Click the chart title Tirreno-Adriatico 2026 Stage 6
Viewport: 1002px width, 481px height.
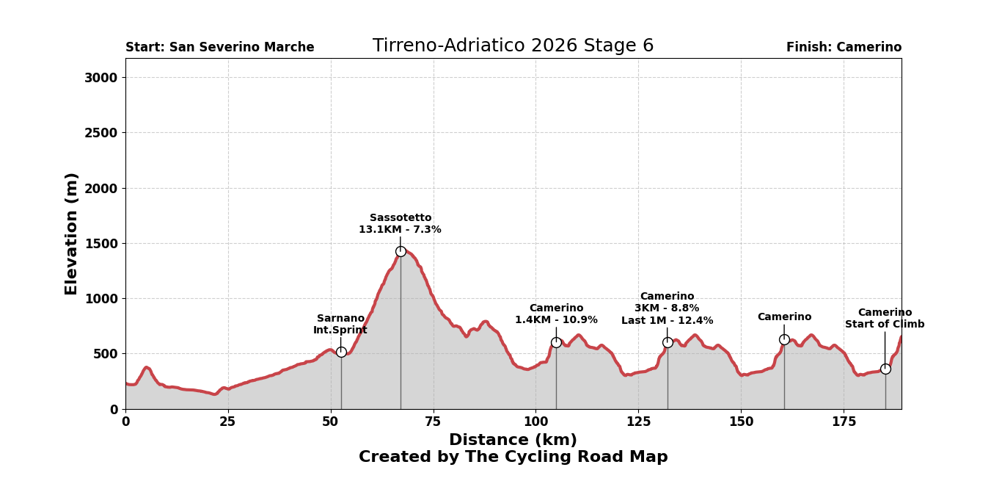pos(513,46)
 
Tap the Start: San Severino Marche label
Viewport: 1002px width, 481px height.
pos(219,48)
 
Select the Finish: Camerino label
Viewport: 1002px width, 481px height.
pos(844,48)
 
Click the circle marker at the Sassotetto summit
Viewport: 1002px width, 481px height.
pos(401,251)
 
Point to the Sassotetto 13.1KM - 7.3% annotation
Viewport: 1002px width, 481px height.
pos(400,224)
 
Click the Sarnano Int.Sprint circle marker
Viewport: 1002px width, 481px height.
pos(341,352)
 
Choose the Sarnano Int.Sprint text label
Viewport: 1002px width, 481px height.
pos(340,325)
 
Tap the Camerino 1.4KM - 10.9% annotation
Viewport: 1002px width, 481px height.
pos(556,314)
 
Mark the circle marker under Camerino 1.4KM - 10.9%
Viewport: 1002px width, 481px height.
pos(556,342)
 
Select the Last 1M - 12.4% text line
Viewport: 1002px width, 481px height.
pos(667,321)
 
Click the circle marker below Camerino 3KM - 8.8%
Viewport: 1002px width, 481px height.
pos(668,342)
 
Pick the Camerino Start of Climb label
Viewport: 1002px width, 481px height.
pos(885,319)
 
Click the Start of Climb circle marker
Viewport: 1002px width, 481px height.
pos(885,369)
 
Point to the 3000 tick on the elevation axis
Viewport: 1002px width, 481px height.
pos(104,78)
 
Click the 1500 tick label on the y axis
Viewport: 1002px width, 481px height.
pos(104,244)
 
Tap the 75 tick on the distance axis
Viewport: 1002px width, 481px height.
pos(433,422)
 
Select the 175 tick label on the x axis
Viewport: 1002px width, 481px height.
pos(844,422)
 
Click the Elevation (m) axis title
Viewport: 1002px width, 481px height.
pos(72,234)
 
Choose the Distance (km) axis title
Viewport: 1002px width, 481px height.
pos(513,441)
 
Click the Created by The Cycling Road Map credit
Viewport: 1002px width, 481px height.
pos(513,458)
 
